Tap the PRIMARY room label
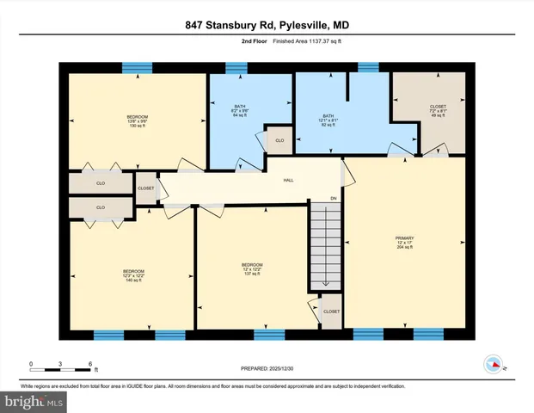pos(405,243)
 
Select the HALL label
pos(289,180)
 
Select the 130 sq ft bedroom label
pos(137,121)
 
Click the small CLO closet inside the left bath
pos(279,139)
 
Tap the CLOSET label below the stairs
pos(331,311)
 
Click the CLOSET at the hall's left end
pos(146,188)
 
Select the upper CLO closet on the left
pos(101,183)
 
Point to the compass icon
pos(493,363)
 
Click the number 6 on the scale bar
pos(89,364)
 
